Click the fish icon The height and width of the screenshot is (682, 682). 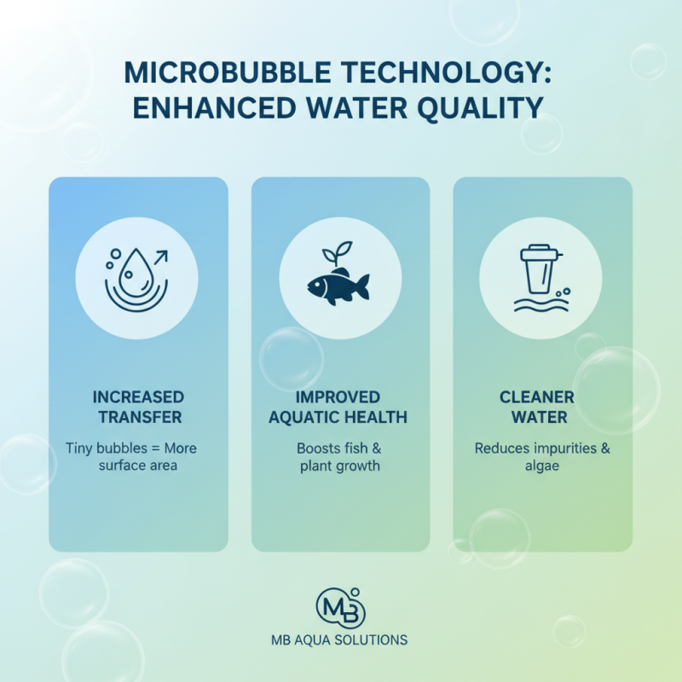point(338,285)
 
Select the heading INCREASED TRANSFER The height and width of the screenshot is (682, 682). point(137,407)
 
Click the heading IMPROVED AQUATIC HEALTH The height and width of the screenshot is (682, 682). point(338,407)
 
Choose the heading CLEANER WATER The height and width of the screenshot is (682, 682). point(542,407)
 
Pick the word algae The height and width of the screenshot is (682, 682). point(541,466)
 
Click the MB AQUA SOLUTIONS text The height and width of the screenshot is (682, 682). point(340,640)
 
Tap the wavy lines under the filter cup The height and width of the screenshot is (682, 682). point(534,303)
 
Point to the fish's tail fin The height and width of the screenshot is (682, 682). point(361,286)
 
